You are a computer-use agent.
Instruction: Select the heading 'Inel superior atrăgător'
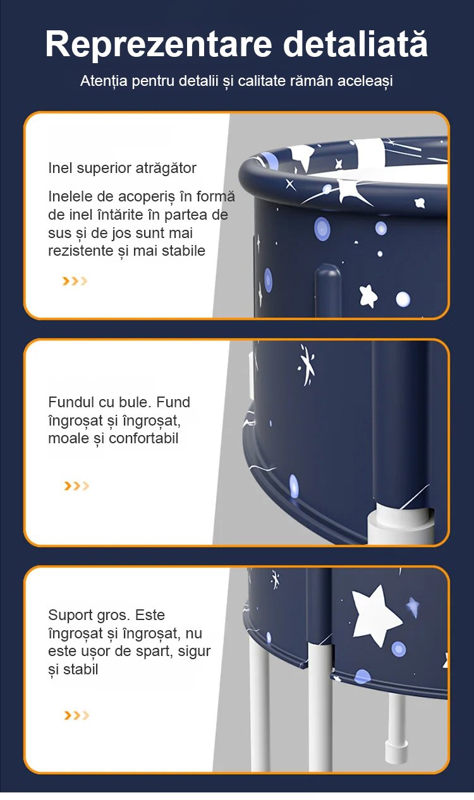[x=122, y=168]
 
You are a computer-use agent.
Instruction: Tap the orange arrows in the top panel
[x=75, y=281]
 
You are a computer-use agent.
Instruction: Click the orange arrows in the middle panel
[x=76, y=486]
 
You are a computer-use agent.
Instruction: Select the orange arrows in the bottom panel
[x=76, y=715]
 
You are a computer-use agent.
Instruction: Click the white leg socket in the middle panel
[x=400, y=525]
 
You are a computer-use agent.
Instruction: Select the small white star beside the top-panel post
[x=368, y=296]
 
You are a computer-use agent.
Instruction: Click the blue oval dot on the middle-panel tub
[x=293, y=486]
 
